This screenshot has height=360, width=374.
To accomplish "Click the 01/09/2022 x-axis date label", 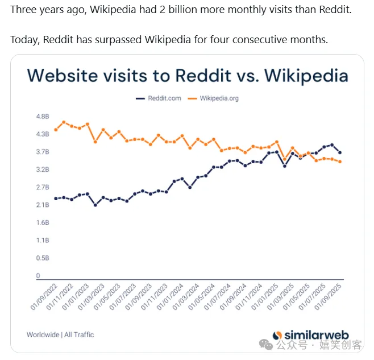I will [44, 297].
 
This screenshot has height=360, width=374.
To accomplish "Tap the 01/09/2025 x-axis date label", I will [329, 297].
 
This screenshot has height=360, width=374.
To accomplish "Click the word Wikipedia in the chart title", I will [302, 76].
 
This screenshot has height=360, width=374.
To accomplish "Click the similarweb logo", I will [310, 335].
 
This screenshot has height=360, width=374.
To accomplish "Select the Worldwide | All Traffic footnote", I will [60, 334].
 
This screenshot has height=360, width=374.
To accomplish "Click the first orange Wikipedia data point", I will [56, 130].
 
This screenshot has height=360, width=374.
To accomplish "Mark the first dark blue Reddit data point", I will [56, 198].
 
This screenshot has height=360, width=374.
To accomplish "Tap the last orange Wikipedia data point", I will [340, 162].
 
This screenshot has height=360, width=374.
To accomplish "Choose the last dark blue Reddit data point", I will [340, 152].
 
